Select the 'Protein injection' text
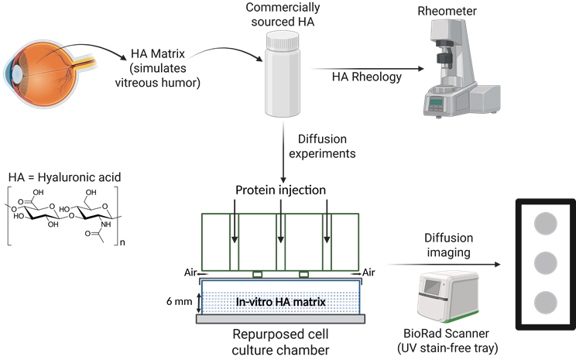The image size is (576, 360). click(279, 190)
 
